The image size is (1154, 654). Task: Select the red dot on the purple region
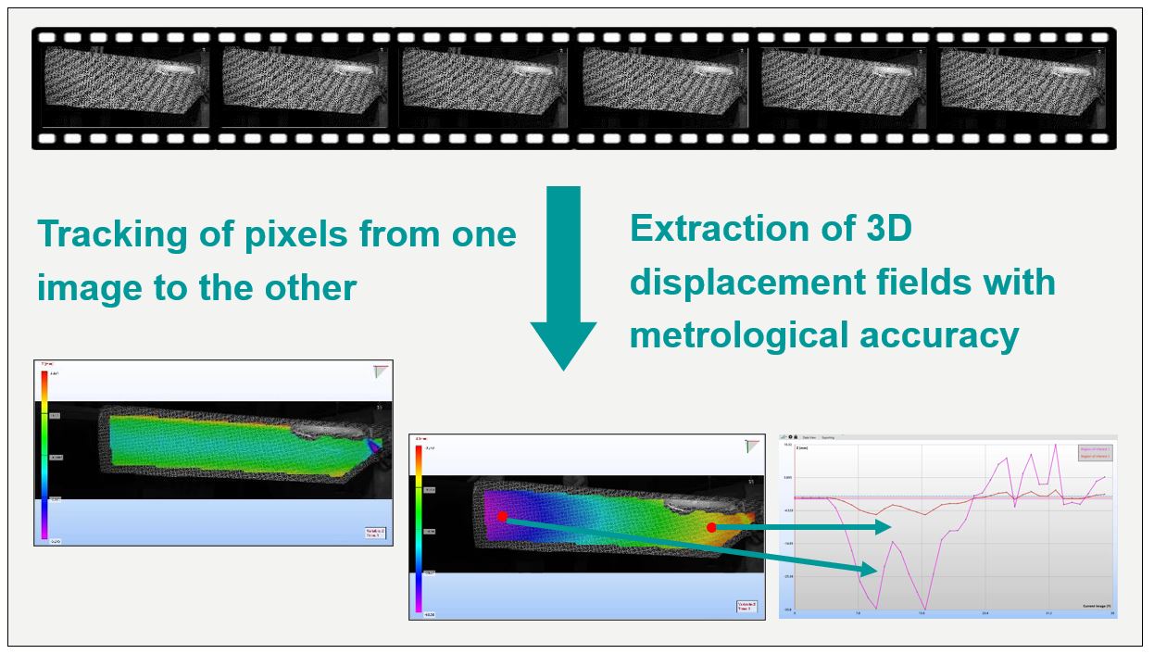pyautogui.click(x=502, y=517)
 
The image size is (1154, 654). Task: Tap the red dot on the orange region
pyautogui.click(x=711, y=527)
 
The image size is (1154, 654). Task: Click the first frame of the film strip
pyautogui.click(x=125, y=88)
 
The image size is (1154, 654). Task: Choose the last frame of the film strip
pyautogui.click(x=1022, y=88)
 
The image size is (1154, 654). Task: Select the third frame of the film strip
pyautogui.click(x=483, y=88)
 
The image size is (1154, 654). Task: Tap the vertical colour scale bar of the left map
pyautogui.click(x=43, y=454)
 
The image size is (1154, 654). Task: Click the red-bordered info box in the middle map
pyautogui.click(x=746, y=607)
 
